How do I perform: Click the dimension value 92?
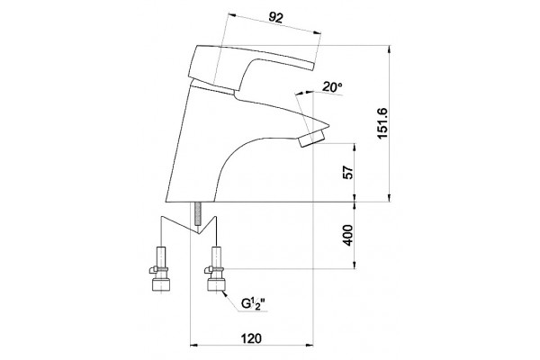click(275, 17)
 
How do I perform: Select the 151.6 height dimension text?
click(382, 123)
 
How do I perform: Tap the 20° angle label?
click(332, 87)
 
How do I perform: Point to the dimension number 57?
click(348, 172)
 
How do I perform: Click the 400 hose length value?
click(348, 235)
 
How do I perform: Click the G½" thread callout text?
click(253, 303)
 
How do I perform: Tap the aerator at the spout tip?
click(312, 138)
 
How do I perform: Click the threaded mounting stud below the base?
click(198, 214)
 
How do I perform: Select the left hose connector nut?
click(160, 284)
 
